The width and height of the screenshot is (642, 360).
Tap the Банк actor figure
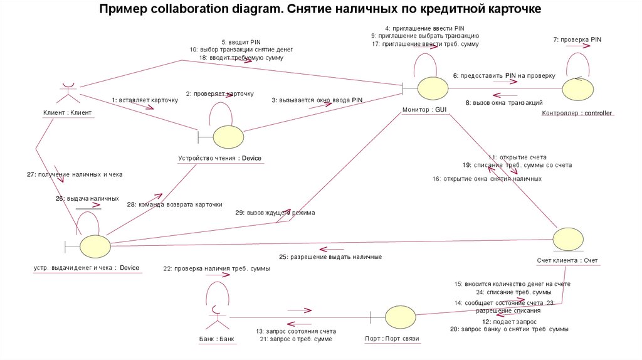click(217, 317)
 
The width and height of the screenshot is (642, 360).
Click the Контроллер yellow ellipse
click(577, 88)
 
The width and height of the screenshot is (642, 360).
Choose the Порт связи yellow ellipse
click(399, 317)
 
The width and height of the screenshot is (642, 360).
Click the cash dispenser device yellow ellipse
click(94, 245)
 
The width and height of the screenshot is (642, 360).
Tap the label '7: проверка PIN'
click(577, 40)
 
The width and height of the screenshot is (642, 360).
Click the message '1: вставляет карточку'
click(145, 100)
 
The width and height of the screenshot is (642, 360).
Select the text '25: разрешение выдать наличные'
click(330, 257)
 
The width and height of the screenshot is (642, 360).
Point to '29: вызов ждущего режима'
click(275, 213)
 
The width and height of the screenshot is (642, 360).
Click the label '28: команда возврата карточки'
click(174, 204)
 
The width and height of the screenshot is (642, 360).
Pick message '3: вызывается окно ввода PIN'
click(317, 100)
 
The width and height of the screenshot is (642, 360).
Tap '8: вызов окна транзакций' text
click(504, 103)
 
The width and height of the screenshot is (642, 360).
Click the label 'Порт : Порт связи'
click(392, 339)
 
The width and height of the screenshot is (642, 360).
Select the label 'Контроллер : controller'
click(576, 114)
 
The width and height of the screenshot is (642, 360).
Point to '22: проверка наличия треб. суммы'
click(216, 268)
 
